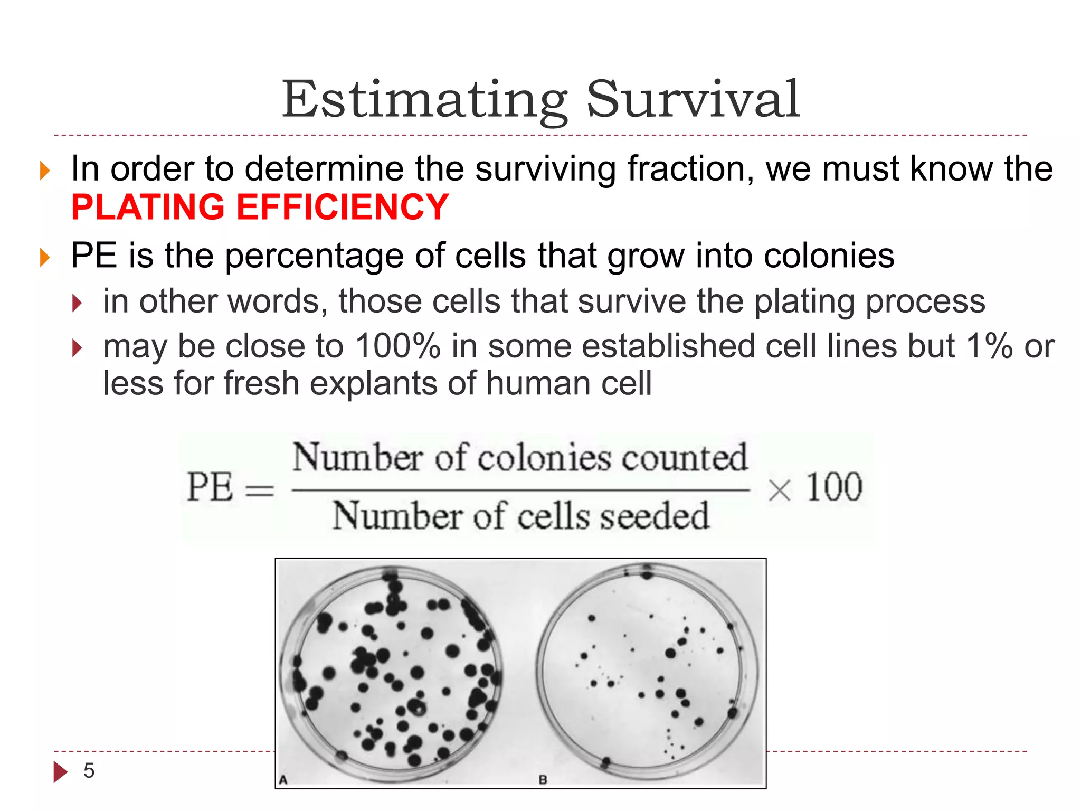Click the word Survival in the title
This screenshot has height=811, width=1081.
click(x=693, y=99)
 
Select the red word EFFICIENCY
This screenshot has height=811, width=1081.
click(x=343, y=207)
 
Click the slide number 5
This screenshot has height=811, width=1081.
click(x=89, y=771)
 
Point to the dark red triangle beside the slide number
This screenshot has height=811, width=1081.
click(x=60, y=771)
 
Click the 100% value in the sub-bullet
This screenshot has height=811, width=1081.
click(x=397, y=346)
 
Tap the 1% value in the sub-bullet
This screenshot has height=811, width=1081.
click(x=989, y=346)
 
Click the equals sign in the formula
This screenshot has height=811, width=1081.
click(x=260, y=491)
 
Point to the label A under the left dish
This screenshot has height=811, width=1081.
click(x=283, y=780)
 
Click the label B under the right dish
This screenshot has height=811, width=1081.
click(x=543, y=780)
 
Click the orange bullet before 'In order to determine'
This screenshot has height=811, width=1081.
click(x=45, y=171)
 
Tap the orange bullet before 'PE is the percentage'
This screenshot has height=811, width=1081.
click(x=45, y=258)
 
